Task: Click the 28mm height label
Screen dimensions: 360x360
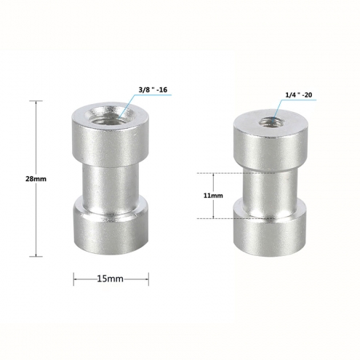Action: (x=36, y=179)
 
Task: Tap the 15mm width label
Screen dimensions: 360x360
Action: (x=111, y=279)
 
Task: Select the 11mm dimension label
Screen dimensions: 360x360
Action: (x=213, y=196)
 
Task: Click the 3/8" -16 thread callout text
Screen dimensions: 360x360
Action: (x=153, y=89)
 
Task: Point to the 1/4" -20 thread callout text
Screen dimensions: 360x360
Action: (x=298, y=95)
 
